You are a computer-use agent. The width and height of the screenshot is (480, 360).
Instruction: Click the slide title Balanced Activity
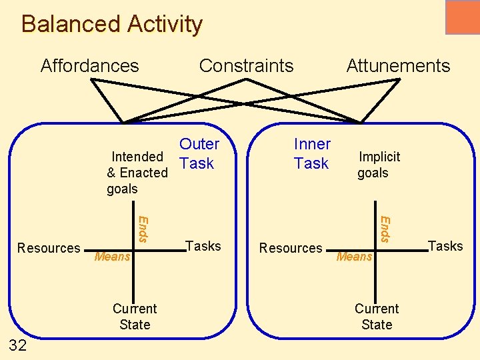click(111, 24)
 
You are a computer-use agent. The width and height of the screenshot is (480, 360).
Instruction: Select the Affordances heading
click(89, 66)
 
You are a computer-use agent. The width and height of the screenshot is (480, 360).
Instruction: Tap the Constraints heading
click(246, 66)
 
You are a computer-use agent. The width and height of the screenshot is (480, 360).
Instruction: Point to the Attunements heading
click(398, 66)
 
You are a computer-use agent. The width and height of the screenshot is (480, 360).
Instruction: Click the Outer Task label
click(198, 153)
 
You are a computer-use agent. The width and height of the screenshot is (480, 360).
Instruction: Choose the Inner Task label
click(311, 153)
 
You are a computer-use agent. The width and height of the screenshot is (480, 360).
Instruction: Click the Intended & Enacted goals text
click(137, 173)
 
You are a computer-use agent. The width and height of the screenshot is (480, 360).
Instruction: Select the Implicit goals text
click(378, 165)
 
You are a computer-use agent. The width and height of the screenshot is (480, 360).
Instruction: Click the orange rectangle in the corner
click(462, 17)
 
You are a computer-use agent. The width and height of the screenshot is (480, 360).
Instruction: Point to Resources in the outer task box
click(49, 248)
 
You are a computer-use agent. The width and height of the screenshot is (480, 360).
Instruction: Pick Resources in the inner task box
click(291, 248)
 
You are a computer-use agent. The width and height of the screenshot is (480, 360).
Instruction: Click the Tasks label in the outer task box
click(203, 246)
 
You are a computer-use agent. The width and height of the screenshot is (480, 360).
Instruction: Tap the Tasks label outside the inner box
click(445, 246)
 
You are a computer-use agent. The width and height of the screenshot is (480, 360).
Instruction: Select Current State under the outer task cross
click(135, 317)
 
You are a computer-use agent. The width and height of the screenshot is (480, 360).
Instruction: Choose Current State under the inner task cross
click(377, 317)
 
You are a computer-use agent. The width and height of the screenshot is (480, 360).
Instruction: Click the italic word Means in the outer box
click(113, 257)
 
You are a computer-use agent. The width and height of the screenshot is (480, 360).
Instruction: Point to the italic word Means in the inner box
click(355, 257)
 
